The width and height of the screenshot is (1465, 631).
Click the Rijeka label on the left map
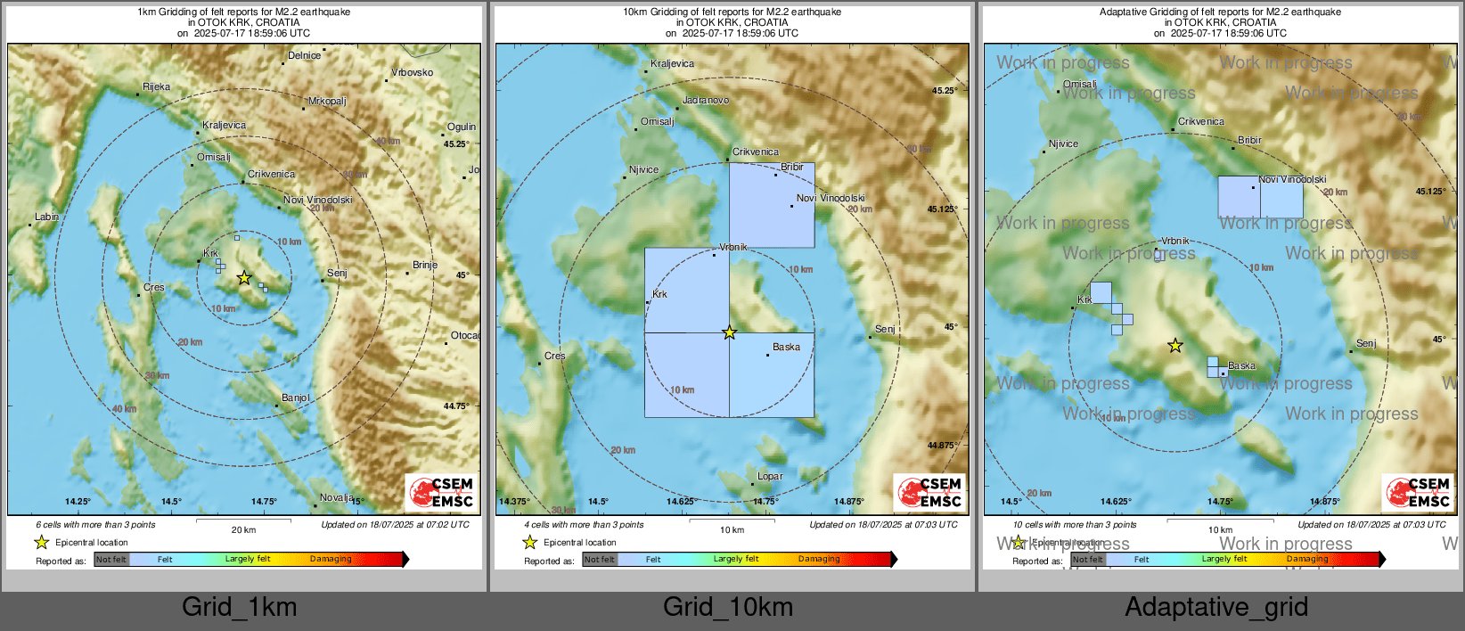[x=156, y=86]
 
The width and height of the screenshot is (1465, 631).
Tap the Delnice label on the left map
[x=304, y=55]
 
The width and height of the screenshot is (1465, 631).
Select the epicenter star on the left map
[x=243, y=278]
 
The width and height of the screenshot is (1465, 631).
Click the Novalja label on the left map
[x=337, y=497]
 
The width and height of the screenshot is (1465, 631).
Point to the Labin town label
[x=46, y=217]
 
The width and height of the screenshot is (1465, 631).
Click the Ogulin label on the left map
[x=461, y=127]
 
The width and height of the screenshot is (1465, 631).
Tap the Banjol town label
[x=295, y=397]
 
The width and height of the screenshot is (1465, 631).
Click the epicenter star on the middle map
[x=729, y=332]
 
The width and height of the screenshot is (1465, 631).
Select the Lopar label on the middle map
[x=770, y=476]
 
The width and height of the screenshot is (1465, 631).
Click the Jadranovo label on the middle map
[x=705, y=100]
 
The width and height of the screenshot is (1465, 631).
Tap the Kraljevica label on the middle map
[x=672, y=63]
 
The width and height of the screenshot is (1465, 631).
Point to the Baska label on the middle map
[x=786, y=347]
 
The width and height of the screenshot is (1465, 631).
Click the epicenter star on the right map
[x=1175, y=346]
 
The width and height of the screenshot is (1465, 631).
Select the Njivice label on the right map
[x=1063, y=143]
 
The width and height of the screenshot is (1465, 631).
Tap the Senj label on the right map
[x=1365, y=343]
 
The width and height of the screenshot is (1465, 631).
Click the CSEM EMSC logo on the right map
[x=1417, y=492]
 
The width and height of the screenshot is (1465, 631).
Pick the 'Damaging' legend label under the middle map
[x=819, y=559]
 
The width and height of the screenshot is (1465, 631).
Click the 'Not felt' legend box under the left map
[x=111, y=559]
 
